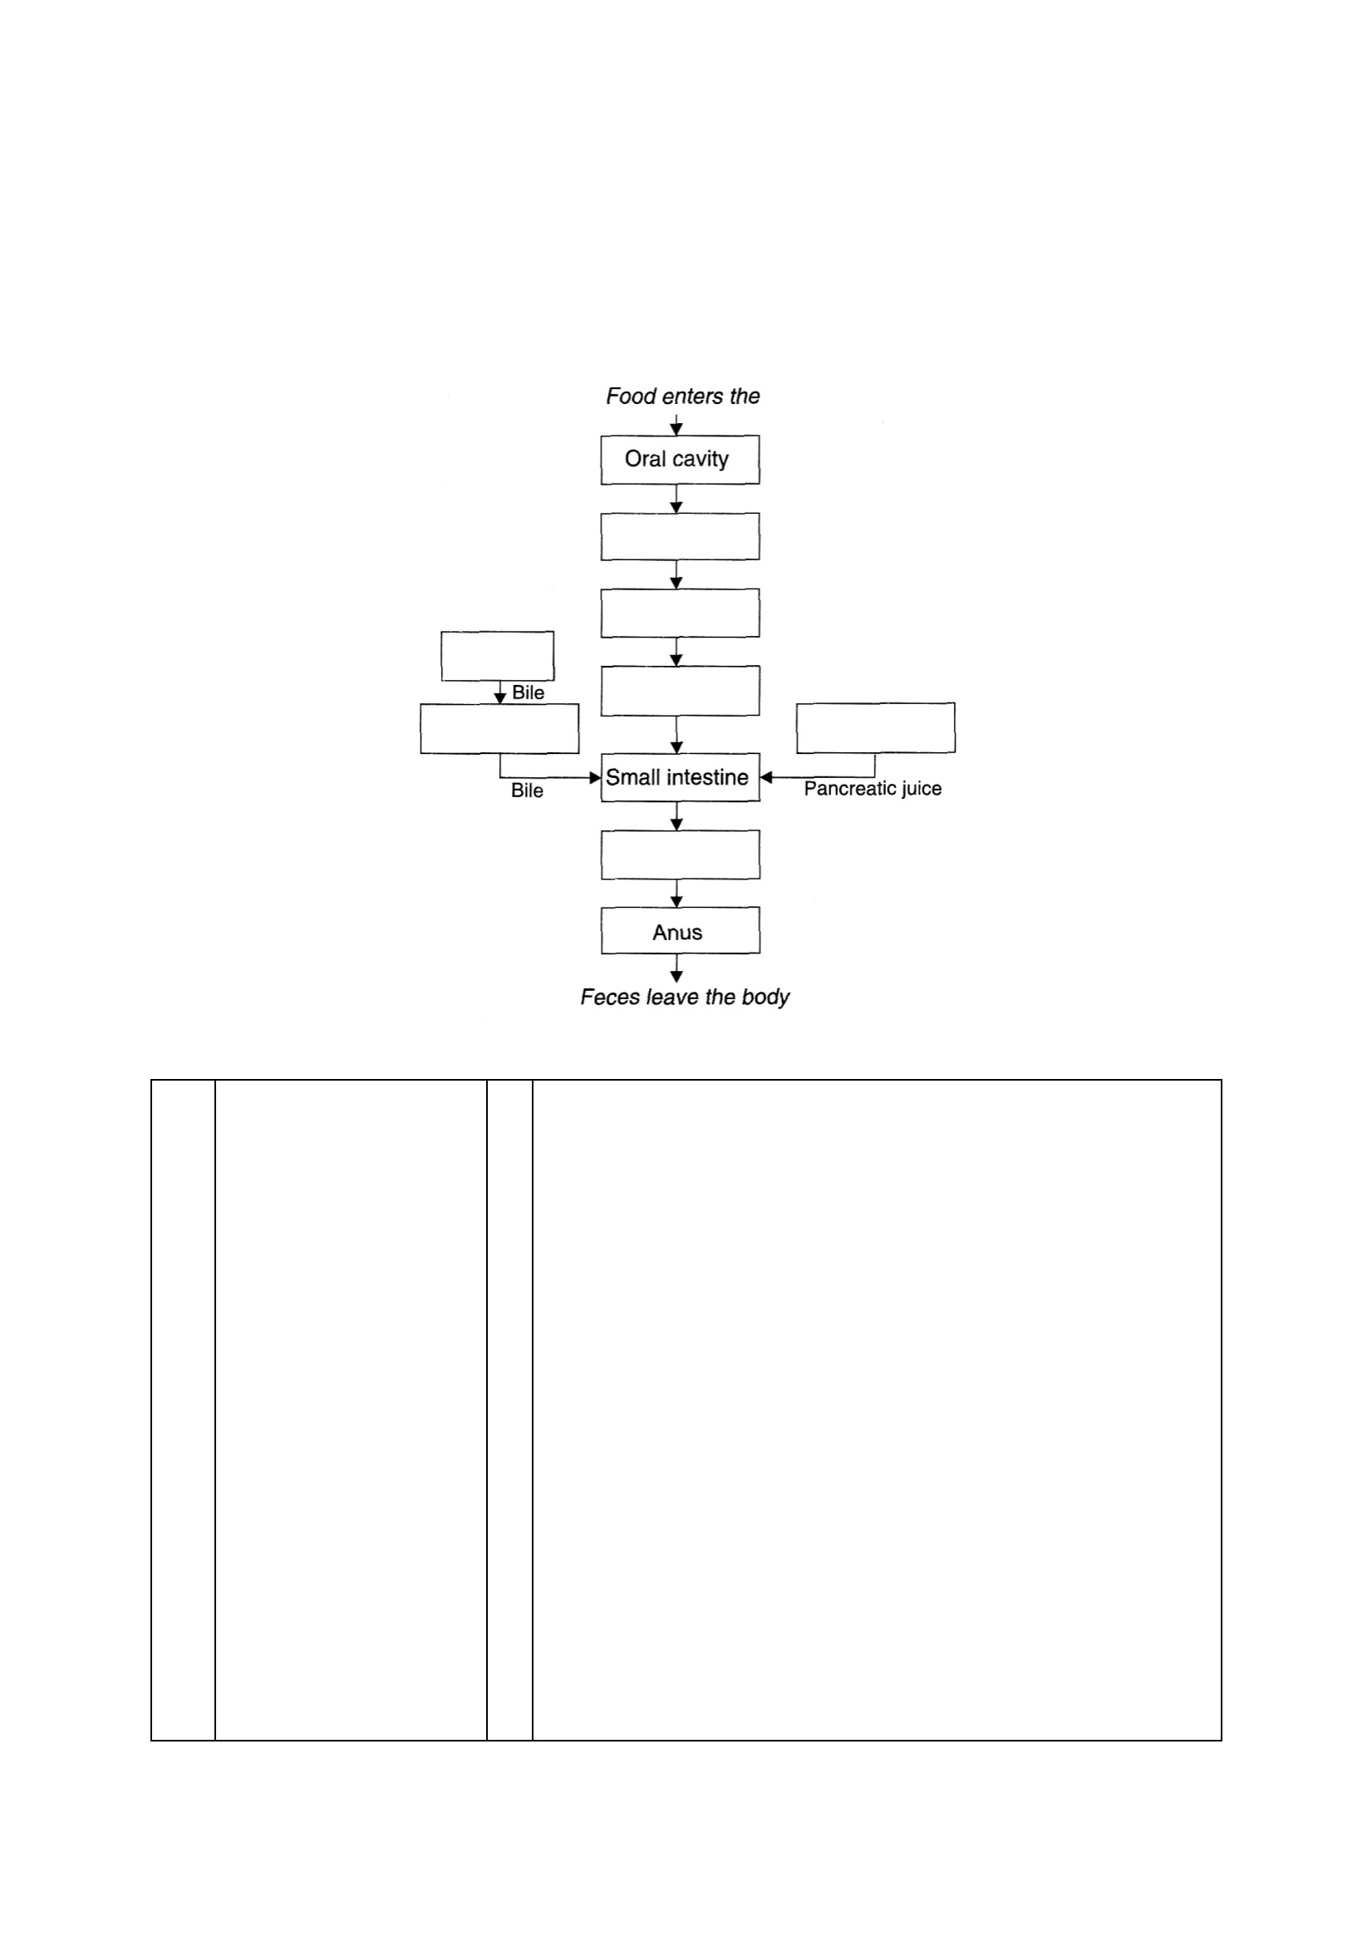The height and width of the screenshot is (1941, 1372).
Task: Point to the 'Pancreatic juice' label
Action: pos(873,789)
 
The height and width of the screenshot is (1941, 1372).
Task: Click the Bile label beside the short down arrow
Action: pos(529,693)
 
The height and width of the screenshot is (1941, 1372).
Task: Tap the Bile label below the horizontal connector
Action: pos(527,791)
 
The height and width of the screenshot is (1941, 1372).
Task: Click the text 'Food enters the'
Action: pos(683,397)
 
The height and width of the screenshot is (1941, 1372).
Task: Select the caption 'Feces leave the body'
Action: pos(685,998)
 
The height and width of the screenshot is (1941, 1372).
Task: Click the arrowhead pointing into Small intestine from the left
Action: pos(595,778)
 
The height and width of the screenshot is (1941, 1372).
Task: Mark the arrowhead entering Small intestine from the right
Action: pos(766,778)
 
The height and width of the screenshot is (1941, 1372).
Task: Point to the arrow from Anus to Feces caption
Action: pos(676,968)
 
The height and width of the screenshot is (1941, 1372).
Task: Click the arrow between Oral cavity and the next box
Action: pos(676,499)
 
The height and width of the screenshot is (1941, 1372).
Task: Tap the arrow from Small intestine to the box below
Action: pos(676,816)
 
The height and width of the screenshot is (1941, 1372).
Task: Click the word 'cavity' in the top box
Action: pos(700,460)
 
